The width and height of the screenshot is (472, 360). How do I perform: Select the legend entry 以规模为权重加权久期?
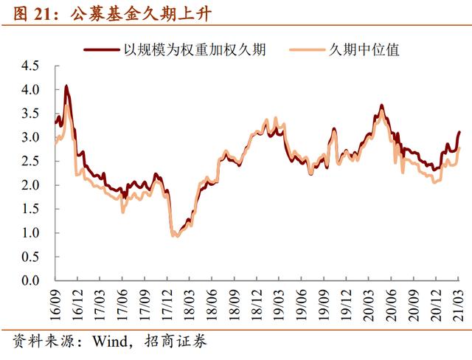(x=194, y=50)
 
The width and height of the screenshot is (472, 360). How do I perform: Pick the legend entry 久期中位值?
(x=364, y=50)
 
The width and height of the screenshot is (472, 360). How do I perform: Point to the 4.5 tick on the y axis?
(x=30, y=66)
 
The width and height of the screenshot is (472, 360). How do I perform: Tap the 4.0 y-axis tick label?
(x=30, y=89)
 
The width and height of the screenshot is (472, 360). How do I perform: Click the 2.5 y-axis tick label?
(x=30, y=161)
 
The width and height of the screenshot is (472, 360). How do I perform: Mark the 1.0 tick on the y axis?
(x=30, y=233)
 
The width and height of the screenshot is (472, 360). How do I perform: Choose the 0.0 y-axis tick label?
(x=30, y=281)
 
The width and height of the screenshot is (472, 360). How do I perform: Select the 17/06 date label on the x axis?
(x=123, y=300)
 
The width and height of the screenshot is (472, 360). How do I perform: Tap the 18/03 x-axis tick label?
(x=190, y=300)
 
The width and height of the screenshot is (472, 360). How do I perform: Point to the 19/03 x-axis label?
(x=280, y=300)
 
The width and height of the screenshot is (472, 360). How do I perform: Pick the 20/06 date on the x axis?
(x=392, y=300)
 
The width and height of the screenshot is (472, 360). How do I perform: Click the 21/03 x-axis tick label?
(x=459, y=300)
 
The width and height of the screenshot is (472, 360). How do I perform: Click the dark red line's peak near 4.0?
(x=66, y=86)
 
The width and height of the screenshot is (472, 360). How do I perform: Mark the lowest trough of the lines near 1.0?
(x=176, y=235)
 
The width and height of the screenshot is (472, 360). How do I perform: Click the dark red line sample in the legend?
(x=100, y=50)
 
